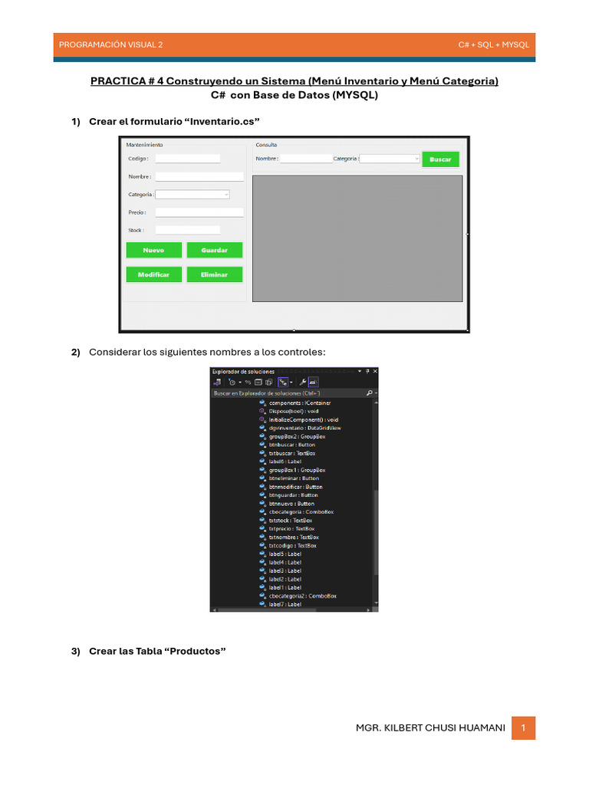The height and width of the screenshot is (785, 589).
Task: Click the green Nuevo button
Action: pyautogui.click(x=154, y=250)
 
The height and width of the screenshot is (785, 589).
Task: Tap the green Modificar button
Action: pyautogui.click(x=154, y=274)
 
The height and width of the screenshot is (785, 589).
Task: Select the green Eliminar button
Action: pyautogui.click(x=214, y=274)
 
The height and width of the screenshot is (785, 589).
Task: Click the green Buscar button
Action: pyautogui.click(x=440, y=159)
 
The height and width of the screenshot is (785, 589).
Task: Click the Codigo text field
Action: pyautogui.click(x=187, y=159)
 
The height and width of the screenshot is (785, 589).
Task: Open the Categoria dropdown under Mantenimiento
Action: pyautogui.click(x=192, y=195)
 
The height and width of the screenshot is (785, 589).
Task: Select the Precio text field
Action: pyautogui.click(x=199, y=212)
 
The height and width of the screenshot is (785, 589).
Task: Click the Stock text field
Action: pyautogui.click(x=187, y=230)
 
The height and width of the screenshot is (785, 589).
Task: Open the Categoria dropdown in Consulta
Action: pyautogui.click(x=390, y=159)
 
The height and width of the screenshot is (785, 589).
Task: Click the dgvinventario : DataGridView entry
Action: pyautogui.click(x=305, y=428)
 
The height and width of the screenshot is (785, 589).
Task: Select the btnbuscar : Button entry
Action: pyautogui.click(x=291, y=445)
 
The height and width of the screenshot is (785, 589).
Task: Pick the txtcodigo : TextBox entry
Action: pyautogui.click(x=292, y=546)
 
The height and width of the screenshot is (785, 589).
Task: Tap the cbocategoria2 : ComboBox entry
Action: pyautogui.click(x=302, y=596)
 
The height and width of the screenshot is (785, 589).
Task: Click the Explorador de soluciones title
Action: pyautogui.click(x=243, y=372)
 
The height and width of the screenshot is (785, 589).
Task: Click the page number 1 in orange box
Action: pyautogui.click(x=523, y=728)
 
